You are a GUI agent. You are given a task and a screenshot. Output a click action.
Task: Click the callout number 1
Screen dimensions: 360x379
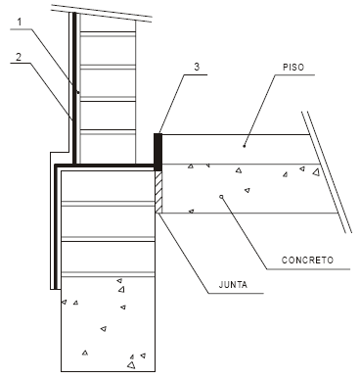click(20, 23)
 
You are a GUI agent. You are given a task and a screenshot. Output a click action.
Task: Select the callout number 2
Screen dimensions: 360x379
click(19, 57)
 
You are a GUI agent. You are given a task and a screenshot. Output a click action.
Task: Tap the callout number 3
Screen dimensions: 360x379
click(197, 67)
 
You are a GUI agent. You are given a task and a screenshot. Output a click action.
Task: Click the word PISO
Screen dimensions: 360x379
click(293, 68)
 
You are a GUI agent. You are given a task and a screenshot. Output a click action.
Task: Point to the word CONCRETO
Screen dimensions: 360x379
click(307, 261)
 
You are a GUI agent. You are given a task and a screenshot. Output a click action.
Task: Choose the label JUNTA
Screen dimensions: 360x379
click(233, 285)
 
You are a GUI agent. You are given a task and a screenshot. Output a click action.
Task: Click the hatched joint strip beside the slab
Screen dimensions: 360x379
click(158, 192)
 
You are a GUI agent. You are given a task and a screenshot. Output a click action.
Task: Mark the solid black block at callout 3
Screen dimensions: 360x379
click(157, 152)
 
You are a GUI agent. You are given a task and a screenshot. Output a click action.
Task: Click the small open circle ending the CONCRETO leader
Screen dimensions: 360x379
click(221, 197)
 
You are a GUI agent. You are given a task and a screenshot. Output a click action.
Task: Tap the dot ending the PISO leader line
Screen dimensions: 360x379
click(245, 146)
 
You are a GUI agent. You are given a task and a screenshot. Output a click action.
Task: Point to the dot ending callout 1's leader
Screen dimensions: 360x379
click(78, 92)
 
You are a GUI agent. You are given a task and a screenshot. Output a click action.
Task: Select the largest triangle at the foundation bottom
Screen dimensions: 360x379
click(131, 365)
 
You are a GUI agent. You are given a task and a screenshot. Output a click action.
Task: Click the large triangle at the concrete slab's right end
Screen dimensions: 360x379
click(316, 172)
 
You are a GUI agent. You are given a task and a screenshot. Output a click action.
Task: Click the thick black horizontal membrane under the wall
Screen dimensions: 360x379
click(105, 166)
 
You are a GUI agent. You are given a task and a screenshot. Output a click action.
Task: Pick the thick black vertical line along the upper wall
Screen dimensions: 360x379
click(74, 88)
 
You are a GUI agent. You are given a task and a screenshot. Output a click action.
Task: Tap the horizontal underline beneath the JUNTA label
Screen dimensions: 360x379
click(236, 293)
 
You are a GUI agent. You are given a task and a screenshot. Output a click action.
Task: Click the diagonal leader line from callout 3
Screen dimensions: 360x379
click(171, 104)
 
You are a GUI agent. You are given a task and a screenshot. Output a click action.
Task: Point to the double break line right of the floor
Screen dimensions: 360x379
click(327, 172)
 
